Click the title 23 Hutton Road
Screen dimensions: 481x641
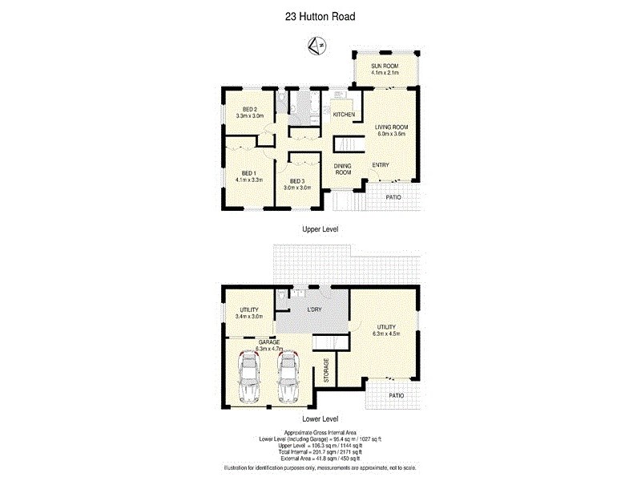pyautogui.click(x=320, y=14)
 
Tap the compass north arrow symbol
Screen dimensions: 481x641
pyautogui.click(x=318, y=46)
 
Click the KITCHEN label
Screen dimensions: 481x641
pyautogui.click(x=344, y=115)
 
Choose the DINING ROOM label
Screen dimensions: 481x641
pyautogui.click(x=343, y=169)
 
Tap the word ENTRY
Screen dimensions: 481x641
pyautogui.click(x=380, y=166)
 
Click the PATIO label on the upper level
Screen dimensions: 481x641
pyautogui.click(x=393, y=196)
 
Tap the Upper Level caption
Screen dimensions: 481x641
pyautogui.click(x=320, y=229)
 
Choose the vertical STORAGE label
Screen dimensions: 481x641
pyautogui.click(x=326, y=371)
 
